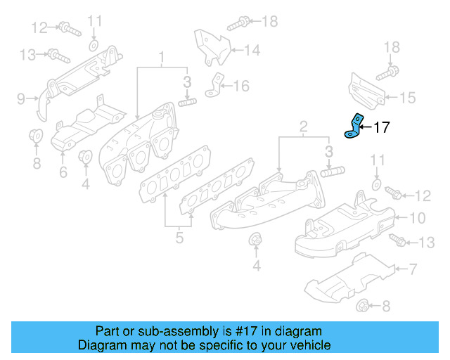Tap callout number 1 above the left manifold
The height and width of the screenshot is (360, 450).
[161, 56]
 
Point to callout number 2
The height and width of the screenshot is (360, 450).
[303, 127]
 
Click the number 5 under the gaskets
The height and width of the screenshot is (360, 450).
[179, 238]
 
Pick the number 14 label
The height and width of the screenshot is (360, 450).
[252, 50]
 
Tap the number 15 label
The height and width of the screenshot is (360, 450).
[408, 98]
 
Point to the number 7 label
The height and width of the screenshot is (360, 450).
[413, 269]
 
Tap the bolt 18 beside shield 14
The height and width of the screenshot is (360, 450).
[237, 22]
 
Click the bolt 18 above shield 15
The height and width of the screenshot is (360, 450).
[387, 71]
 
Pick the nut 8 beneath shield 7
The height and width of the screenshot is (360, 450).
[364, 305]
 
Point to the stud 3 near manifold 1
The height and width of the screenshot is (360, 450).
[186, 103]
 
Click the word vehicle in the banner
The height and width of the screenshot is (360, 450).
[310, 345]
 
